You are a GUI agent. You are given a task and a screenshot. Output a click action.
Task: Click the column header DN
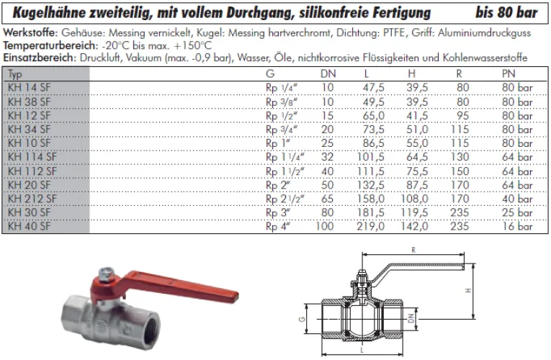[327, 73]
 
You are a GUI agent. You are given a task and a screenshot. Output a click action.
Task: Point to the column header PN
[509, 73]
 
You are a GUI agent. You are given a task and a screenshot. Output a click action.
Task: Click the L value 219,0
[372, 227]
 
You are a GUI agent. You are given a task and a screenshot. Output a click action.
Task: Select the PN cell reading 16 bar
[517, 227]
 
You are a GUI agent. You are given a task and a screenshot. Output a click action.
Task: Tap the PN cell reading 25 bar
[517, 213]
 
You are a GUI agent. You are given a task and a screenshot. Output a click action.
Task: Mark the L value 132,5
[372, 185]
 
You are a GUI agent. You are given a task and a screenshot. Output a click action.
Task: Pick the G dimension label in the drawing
[303, 317]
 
